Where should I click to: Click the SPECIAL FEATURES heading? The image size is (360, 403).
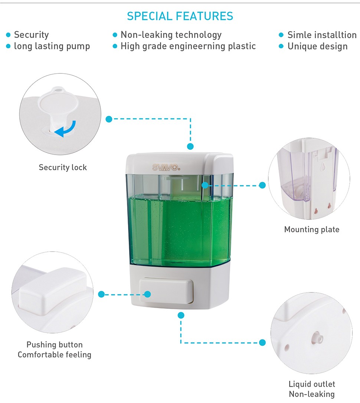[180, 16]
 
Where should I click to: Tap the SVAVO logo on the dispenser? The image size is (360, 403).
[166, 168]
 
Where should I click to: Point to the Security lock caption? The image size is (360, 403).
[63, 167]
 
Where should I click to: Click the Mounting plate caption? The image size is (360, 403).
[312, 229]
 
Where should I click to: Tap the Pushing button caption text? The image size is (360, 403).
[55, 344]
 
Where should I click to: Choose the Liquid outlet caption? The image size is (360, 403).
[312, 384]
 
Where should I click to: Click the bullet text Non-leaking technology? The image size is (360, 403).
[171, 35]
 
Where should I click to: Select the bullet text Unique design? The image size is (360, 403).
[317, 46]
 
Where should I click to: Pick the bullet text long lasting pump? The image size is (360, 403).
[52, 46]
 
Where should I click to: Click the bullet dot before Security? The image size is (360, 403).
[8, 35]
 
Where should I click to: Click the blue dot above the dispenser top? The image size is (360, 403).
[190, 146]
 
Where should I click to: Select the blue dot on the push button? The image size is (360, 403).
[147, 294]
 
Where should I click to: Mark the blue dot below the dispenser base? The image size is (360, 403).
[181, 315]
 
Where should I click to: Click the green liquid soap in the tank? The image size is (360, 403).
[180, 231]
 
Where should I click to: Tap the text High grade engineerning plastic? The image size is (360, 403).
[188, 46]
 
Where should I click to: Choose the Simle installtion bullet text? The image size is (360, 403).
[322, 35]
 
